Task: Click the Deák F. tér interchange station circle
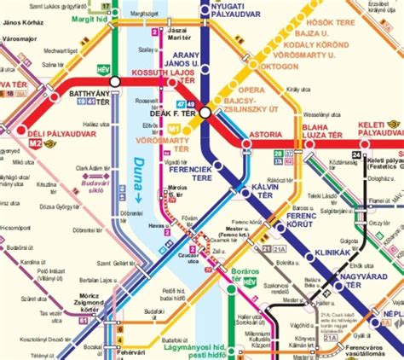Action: [x=205, y=112]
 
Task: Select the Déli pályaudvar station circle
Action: [x=21, y=131]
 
